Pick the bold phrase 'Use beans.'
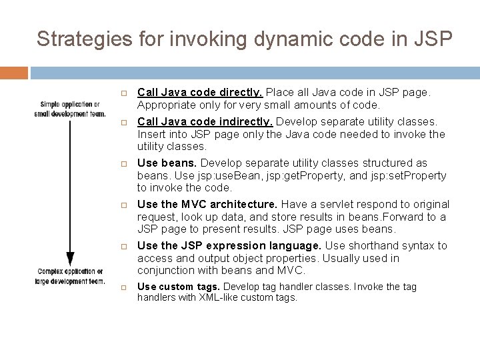(x=167, y=163)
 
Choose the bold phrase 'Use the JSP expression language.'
(x=219, y=246)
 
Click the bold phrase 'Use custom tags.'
(x=178, y=287)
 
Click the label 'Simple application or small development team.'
(x=69, y=109)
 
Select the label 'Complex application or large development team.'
(x=70, y=276)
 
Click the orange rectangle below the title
(x=14, y=73)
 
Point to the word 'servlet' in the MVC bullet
(x=329, y=205)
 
